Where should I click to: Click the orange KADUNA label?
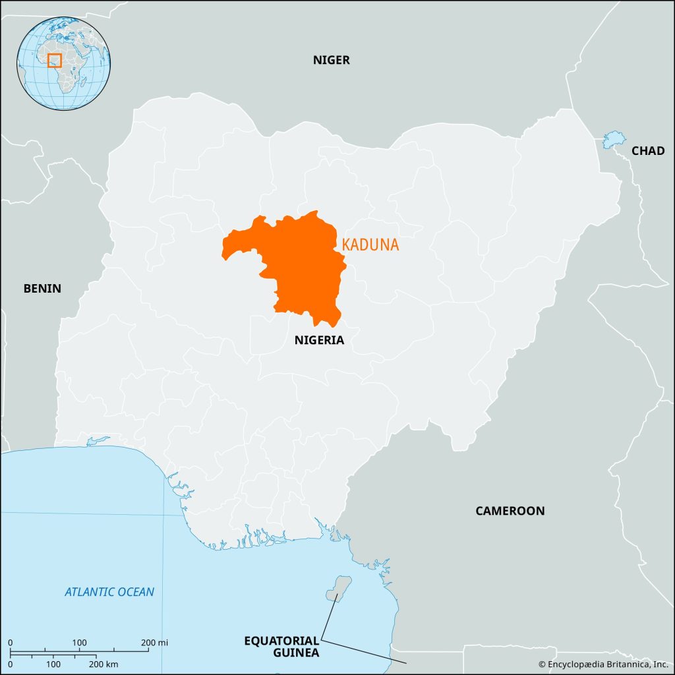370,245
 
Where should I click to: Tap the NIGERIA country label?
319,340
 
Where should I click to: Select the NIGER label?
331,61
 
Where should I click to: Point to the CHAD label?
648,151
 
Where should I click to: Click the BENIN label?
42,288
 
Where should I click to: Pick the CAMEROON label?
510,511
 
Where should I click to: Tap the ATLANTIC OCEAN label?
109,592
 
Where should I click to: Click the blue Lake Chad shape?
613,139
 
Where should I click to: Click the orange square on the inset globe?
55,61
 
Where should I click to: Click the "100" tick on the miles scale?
79,643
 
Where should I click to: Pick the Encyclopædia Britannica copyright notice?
603,664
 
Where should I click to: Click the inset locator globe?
63,64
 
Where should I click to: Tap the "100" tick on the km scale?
54,663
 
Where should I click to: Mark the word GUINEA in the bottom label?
297,653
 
